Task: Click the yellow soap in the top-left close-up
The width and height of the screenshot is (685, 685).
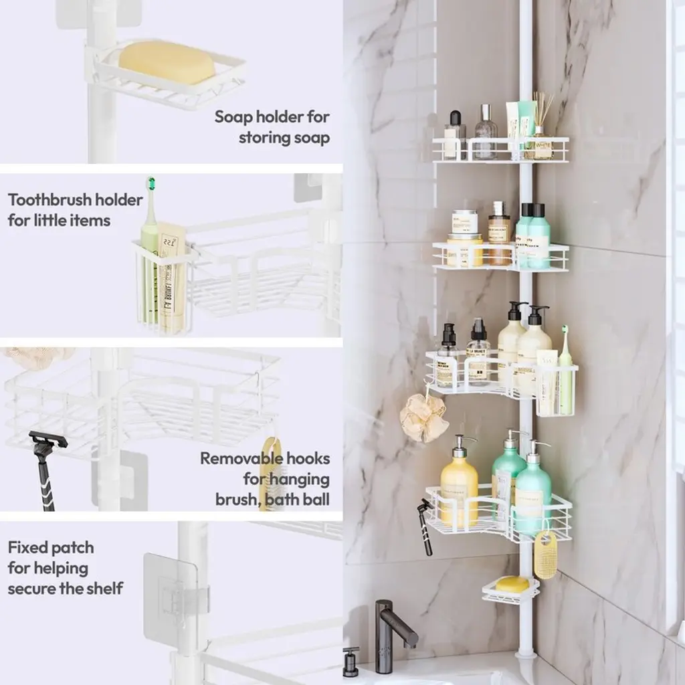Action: coord(167,62)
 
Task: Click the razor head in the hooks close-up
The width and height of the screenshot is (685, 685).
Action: coord(48,439)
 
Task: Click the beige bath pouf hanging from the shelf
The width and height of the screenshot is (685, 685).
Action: coord(423,417)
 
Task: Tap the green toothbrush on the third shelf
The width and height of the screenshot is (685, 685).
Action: coord(565,371)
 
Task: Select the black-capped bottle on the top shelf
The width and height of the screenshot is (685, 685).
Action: coord(455,134)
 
